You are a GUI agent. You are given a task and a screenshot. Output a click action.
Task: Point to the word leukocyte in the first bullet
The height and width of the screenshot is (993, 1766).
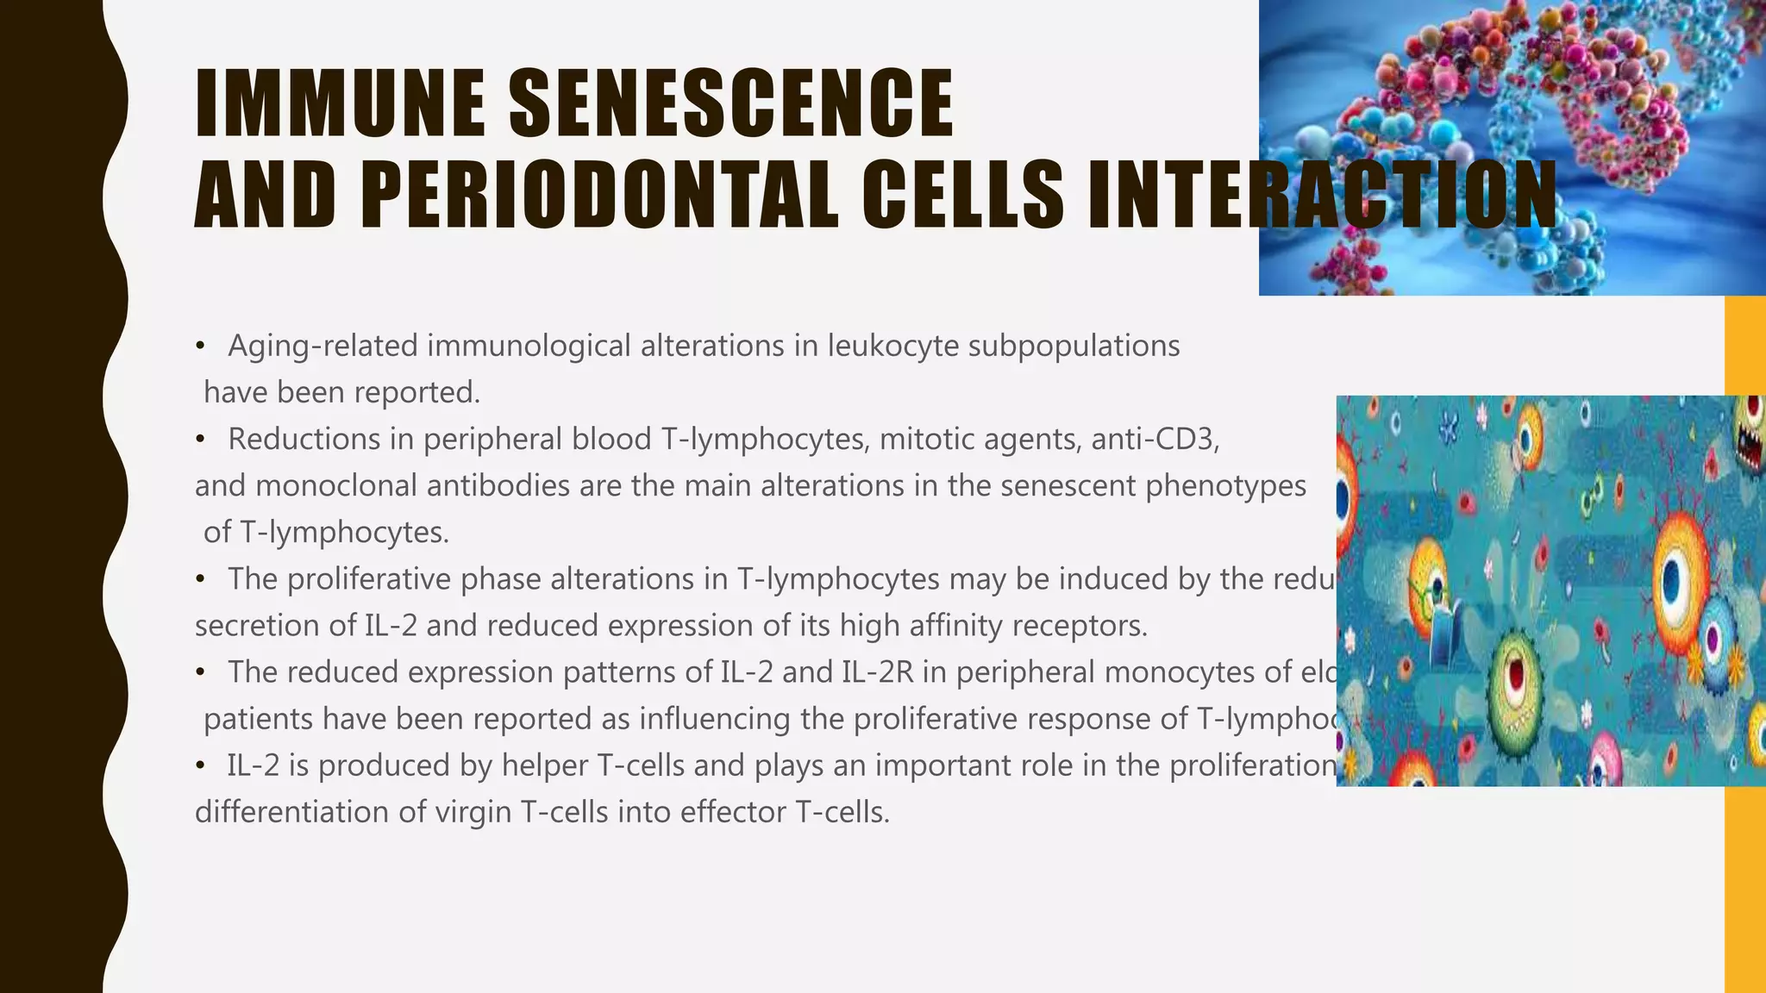892,347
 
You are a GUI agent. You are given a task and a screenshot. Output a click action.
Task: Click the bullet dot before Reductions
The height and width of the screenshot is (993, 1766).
200,440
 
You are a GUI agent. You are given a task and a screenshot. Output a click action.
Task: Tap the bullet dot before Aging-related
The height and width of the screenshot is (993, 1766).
200,347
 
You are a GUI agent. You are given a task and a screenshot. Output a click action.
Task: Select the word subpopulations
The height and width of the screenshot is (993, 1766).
1074,347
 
